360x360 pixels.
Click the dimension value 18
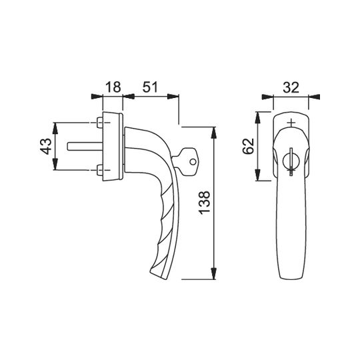[x=113, y=87]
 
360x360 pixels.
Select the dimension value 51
[x=151, y=87]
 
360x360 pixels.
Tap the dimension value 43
[x=45, y=146]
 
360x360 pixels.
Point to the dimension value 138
[x=204, y=203]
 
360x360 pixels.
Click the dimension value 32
[x=291, y=87]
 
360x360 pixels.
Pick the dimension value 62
[x=249, y=146]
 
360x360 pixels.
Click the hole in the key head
[x=193, y=162]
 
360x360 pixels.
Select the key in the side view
[x=186, y=162]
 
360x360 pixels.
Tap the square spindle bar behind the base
[x=85, y=147]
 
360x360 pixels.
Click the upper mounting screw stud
[x=100, y=123]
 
